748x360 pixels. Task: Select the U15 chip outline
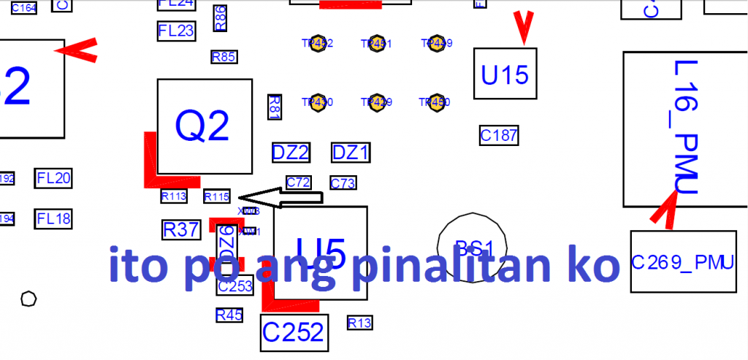(x=505, y=74)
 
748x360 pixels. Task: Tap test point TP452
(x=317, y=43)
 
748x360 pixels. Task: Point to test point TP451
(x=376, y=43)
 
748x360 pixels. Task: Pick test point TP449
(x=436, y=43)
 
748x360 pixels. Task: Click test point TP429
(x=376, y=102)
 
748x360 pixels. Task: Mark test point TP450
(x=436, y=102)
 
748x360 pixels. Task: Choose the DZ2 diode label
(x=290, y=153)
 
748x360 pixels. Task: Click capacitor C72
(x=299, y=182)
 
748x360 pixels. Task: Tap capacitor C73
(x=343, y=183)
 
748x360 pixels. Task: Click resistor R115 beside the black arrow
(x=217, y=196)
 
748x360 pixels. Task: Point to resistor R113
(x=174, y=196)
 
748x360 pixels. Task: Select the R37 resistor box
(x=180, y=229)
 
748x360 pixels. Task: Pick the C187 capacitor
(x=499, y=134)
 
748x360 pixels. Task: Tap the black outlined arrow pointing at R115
(x=281, y=196)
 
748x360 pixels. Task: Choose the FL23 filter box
(x=176, y=31)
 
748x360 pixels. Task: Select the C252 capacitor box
(x=294, y=332)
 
